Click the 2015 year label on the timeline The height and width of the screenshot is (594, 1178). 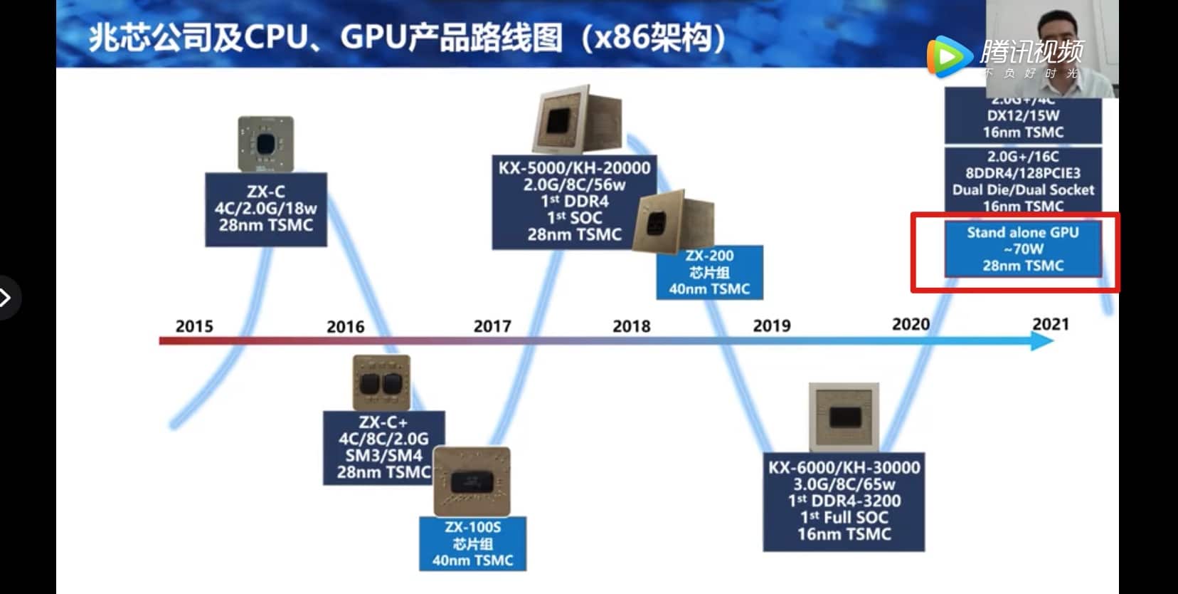pos(194,326)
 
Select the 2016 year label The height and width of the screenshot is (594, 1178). pos(345,327)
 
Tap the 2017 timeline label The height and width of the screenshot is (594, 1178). pos(492,326)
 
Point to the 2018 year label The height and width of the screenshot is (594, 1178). pos(632,326)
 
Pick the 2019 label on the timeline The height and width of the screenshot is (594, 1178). pos(772,325)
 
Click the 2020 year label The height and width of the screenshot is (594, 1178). pos(911,324)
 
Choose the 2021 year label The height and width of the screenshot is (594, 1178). pos(1051,324)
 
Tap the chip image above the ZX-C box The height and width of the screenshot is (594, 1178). pos(265,144)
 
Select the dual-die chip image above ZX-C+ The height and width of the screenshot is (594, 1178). pos(381,382)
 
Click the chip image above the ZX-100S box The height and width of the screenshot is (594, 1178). pos(472,481)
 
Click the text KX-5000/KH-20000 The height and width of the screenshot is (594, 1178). pos(574,168)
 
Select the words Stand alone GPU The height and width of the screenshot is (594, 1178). pos(1022,232)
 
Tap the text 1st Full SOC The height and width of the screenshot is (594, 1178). pos(844,517)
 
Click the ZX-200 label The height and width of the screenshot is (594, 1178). pos(709,256)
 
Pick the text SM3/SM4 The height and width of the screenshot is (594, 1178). pos(383,455)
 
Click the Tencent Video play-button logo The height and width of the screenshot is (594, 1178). pos(948,56)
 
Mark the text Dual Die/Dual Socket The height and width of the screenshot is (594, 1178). pos(1023,189)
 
